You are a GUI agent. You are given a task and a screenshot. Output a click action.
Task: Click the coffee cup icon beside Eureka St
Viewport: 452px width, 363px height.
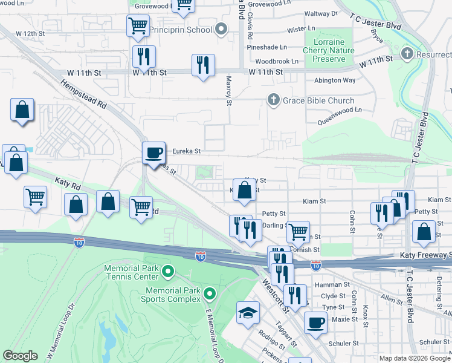point(153,152)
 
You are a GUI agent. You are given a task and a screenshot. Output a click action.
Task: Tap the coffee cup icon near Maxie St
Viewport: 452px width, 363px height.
point(315,322)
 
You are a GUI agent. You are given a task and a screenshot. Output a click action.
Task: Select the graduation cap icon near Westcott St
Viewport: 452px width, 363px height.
point(248,313)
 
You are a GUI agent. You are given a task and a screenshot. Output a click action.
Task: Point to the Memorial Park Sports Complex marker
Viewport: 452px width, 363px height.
point(210,294)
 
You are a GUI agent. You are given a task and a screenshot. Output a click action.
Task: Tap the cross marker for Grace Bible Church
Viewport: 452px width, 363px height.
point(273,100)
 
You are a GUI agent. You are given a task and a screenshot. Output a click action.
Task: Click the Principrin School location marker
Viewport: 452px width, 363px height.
point(222,30)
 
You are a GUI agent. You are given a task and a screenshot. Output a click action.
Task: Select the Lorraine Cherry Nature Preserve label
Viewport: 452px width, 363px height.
point(329,51)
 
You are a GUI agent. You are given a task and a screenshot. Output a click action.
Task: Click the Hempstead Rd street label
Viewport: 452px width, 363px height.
point(84,94)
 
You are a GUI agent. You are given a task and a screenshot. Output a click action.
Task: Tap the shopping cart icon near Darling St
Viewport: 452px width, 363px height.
point(298,231)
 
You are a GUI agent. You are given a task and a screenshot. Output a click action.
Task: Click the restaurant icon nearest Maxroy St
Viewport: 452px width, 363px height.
point(203,65)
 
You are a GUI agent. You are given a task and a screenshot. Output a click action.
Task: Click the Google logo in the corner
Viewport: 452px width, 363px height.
point(20,356)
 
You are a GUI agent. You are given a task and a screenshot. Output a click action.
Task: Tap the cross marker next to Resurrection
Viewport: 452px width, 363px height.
point(407,54)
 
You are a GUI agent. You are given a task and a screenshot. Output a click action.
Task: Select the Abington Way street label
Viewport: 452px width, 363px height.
point(334,80)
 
